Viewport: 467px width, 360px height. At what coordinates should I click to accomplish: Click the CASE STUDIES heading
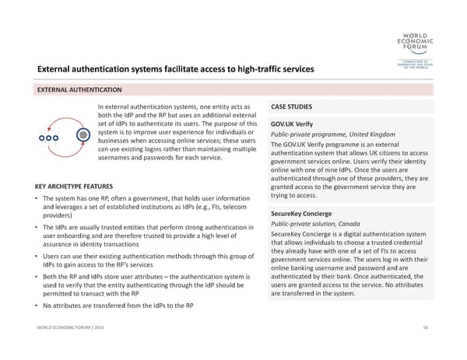pyautogui.click(x=293, y=107)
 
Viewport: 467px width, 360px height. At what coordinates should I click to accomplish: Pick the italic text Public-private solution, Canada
pyautogui.click(x=315, y=223)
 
